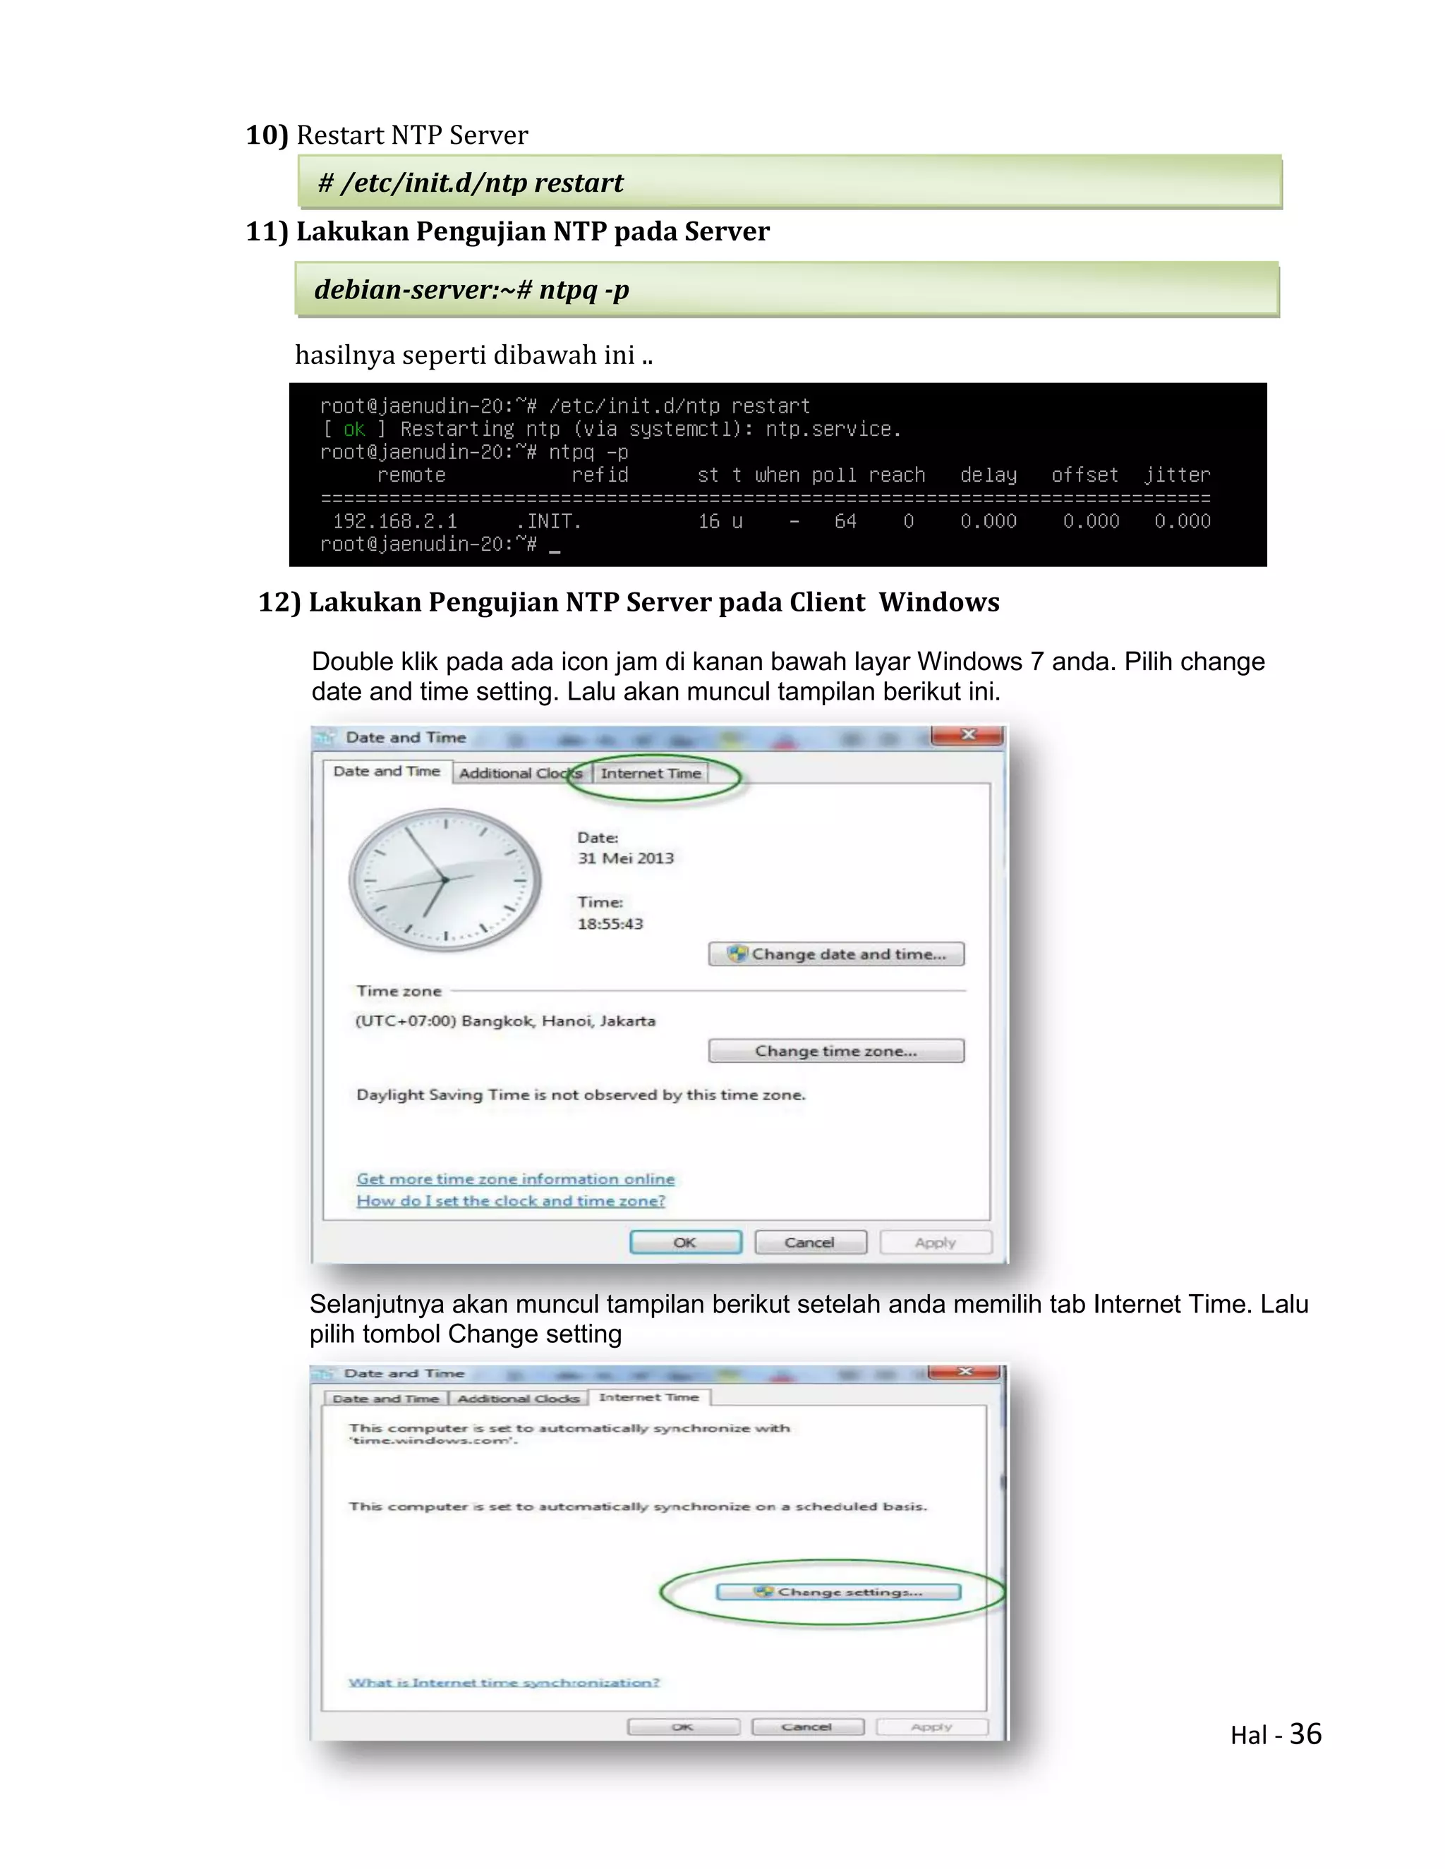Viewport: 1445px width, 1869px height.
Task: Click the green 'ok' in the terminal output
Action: click(x=353, y=430)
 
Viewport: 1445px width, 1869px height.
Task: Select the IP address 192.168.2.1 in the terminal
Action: click(x=394, y=521)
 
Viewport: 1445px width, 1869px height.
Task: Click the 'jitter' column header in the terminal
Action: click(x=1177, y=475)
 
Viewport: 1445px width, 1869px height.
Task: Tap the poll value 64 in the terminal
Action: click(x=845, y=521)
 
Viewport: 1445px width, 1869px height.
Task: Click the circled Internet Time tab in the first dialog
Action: click(x=651, y=774)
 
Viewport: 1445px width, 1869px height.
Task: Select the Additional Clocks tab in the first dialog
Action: click(x=519, y=774)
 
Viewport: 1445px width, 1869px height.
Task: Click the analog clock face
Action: click(x=445, y=879)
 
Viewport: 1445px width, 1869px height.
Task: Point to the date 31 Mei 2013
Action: click(x=625, y=858)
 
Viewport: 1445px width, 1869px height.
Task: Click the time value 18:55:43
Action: click(x=610, y=924)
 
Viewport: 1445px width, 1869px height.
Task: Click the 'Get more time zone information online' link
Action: click(x=515, y=1179)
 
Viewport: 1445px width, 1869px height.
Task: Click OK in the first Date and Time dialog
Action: click(x=685, y=1243)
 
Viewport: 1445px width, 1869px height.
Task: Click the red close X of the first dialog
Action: click(x=968, y=735)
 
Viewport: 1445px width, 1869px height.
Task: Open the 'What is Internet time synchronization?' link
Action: click(x=503, y=1682)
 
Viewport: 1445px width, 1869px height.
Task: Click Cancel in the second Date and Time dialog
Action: click(x=806, y=1727)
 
